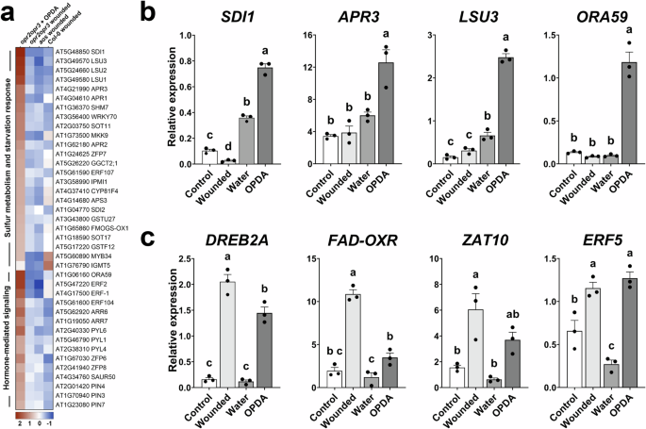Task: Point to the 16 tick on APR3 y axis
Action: coord(304,36)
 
